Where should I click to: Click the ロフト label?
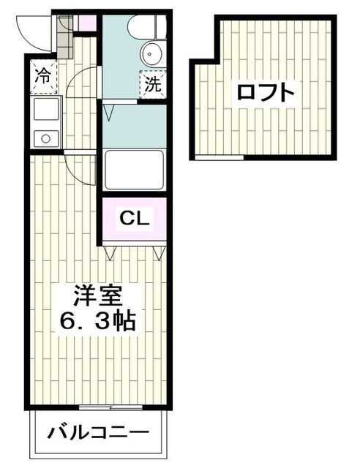pyautogui.click(x=266, y=93)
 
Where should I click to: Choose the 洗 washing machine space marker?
pyautogui.click(x=153, y=83)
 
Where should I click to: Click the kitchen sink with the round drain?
pyautogui.click(x=45, y=136)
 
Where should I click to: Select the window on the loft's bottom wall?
pyautogui.click(x=220, y=157)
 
